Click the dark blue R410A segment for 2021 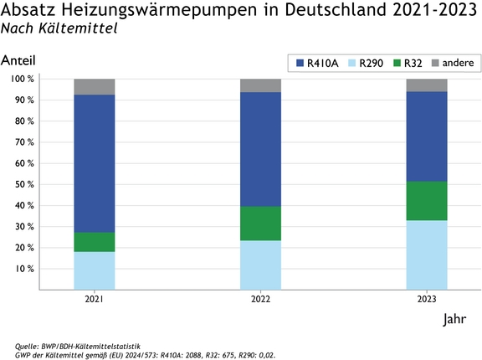95,163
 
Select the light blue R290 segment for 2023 427,255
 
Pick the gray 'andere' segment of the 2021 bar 95,86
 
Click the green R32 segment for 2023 427,201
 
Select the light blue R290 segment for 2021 95,270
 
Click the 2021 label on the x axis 95,299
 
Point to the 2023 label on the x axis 427,299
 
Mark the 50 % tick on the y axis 23,184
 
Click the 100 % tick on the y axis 21,79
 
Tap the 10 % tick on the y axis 23,269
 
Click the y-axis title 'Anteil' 18,62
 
